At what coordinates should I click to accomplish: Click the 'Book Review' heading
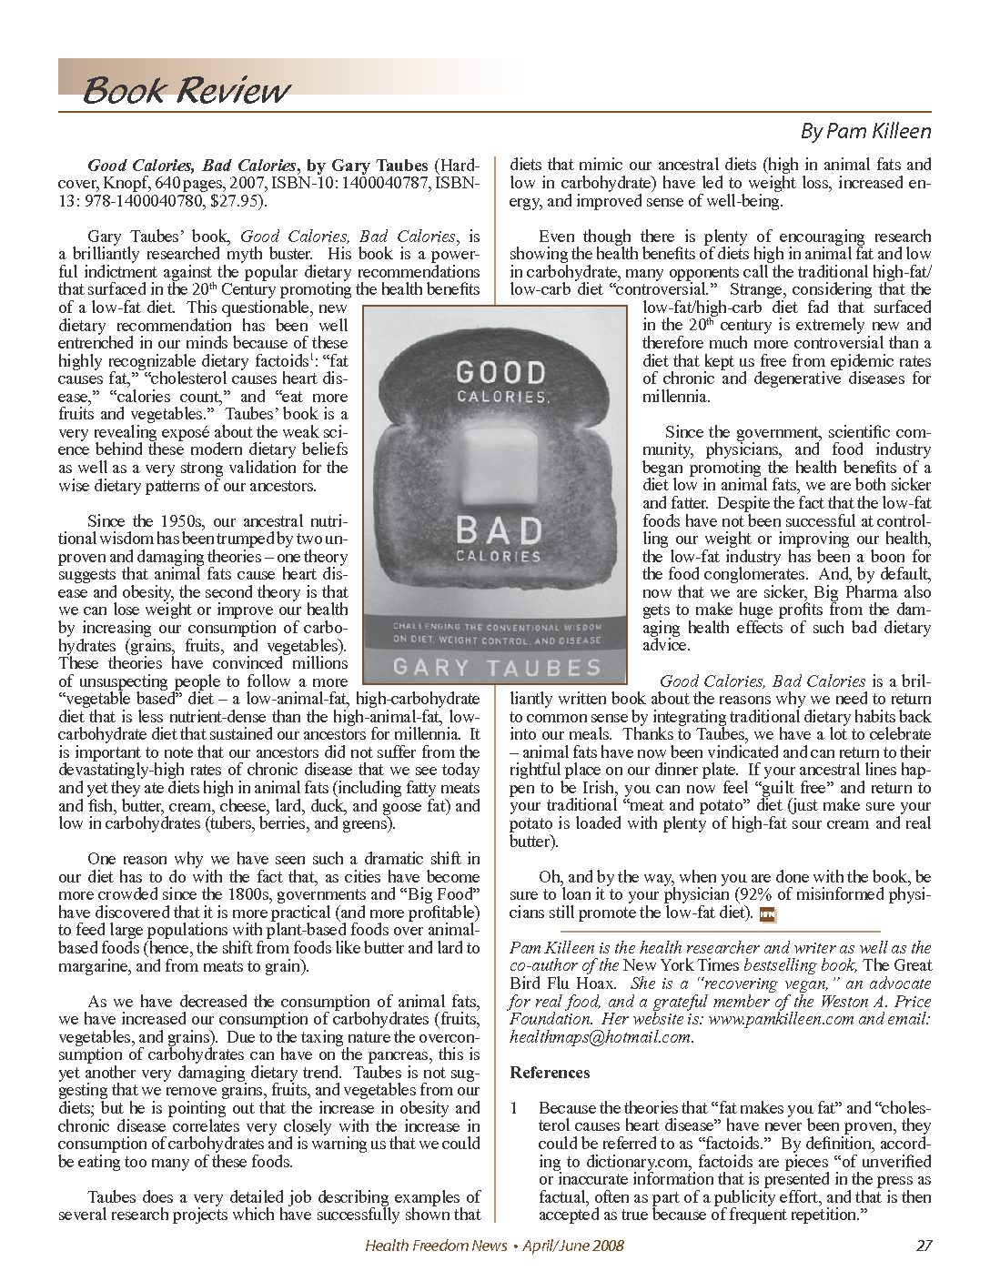tap(186, 90)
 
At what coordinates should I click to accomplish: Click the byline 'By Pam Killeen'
tap(865, 131)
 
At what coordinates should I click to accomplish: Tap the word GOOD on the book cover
tap(500, 372)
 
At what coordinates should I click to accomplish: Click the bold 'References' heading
tap(550, 1072)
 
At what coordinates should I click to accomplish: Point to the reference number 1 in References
tap(515, 1108)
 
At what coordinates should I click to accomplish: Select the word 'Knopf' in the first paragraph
tap(117, 182)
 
